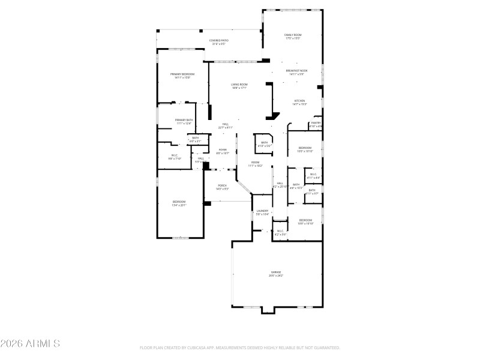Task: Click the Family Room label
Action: click(293, 35)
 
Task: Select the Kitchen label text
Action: click(299, 101)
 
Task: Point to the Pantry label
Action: click(316, 123)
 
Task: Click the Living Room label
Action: click(239, 85)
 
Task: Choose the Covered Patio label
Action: click(219, 41)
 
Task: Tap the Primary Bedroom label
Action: click(182, 74)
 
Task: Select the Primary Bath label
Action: click(184, 120)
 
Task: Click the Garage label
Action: click(275, 271)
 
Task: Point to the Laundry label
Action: click(262, 211)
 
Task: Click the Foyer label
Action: click(222, 150)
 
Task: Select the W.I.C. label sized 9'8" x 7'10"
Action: click(174, 157)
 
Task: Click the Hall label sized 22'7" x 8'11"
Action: click(225, 124)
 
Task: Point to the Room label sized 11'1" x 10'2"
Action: click(255, 163)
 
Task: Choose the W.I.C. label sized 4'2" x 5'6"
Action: click(280, 231)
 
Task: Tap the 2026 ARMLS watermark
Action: click(30, 344)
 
